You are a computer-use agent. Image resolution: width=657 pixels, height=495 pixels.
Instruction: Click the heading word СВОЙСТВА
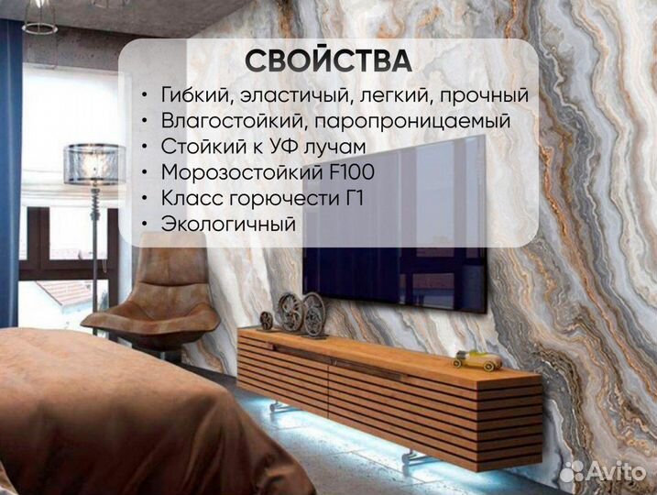coord(328,60)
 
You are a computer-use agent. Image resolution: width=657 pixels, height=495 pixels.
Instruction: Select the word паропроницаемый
coord(411,122)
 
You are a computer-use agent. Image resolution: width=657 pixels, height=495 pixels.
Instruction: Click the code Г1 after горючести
coord(352,198)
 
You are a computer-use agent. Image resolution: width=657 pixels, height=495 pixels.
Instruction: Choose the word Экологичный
coord(228,224)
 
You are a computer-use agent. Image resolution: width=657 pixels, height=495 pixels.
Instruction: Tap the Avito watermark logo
coord(603,471)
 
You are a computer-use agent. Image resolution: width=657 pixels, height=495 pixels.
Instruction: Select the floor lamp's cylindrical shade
coord(94,163)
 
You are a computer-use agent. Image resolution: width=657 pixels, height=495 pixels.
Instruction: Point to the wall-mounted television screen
coord(395,224)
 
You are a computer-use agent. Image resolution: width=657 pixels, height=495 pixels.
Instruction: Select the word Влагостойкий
coord(232,121)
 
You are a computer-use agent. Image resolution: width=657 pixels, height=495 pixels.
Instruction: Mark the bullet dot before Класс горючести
coord(145,198)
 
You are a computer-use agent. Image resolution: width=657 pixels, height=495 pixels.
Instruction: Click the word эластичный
coord(294,95)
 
